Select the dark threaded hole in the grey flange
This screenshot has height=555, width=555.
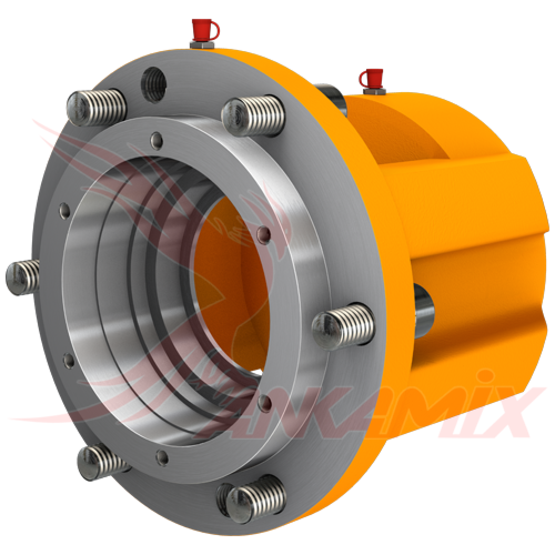pos(153,82)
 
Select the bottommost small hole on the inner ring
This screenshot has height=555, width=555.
pos(162,457)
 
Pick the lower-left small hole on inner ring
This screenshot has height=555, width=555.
pos(69,361)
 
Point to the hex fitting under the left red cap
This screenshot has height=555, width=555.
pos(199,43)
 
